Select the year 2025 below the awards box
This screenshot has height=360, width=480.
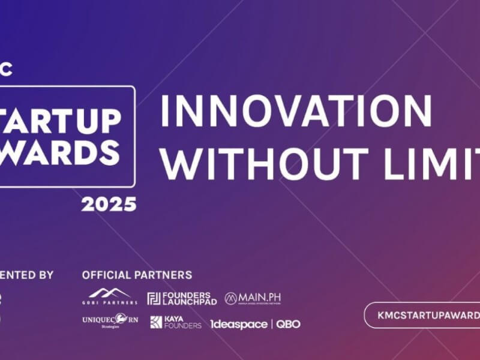click(109, 205)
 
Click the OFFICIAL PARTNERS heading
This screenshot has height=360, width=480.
click(137, 275)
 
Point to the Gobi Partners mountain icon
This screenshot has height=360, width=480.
click(109, 293)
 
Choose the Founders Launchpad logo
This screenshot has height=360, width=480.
click(182, 298)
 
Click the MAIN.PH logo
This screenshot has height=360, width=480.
click(253, 298)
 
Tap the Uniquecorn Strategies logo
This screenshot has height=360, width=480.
click(110, 321)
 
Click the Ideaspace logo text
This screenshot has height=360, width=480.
click(238, 324)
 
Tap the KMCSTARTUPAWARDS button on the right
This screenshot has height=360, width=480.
click(422, 316)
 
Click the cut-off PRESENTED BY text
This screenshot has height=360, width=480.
click(26, 275)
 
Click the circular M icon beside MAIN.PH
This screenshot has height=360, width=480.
click(231, 298)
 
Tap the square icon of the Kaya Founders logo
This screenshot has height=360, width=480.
click(156, 322)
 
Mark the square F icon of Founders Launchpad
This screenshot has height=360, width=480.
click(154, 298)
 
